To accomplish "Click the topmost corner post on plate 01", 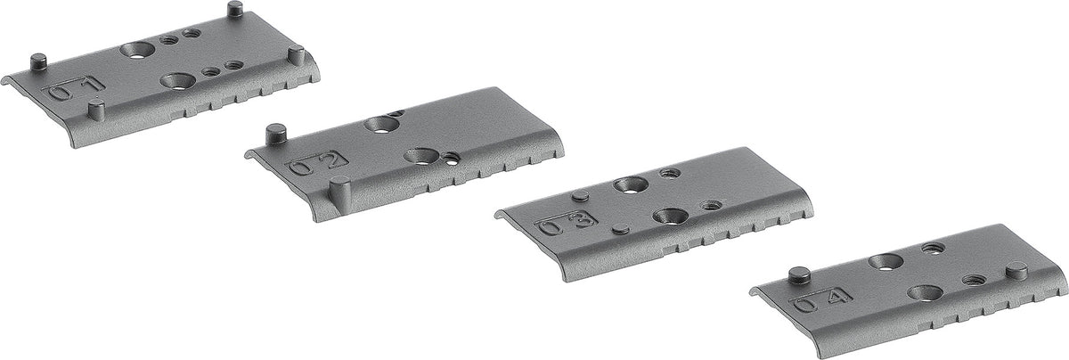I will click(235, 10).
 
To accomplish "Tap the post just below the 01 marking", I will click(96, 110).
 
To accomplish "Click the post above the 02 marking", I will click(275, 135).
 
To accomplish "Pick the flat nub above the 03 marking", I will click(580, 196).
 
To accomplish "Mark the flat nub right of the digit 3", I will click(621, 229).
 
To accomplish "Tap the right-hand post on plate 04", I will click(1016, 269).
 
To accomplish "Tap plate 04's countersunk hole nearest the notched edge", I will click(923, 291).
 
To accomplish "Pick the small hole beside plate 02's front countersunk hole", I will click(454, 160).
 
